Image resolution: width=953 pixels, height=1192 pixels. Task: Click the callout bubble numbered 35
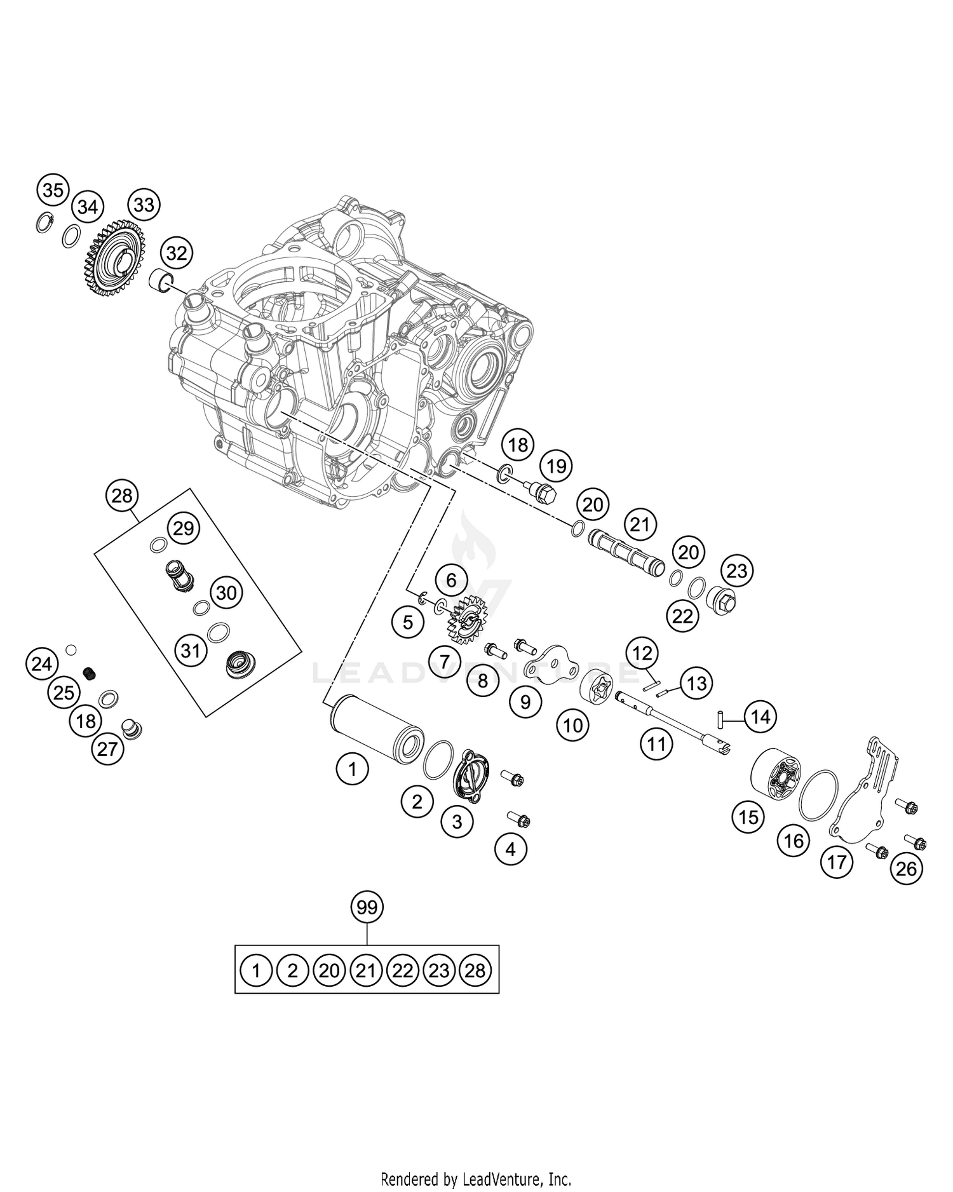tap(53, 190)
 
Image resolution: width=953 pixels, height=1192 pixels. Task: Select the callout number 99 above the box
tap(367, 907)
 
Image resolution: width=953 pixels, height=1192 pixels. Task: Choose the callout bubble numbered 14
tap(760, 717)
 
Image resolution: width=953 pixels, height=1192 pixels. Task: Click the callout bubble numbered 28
tap(122, 496)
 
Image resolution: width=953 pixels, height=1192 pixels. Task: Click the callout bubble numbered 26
tap(906, 868)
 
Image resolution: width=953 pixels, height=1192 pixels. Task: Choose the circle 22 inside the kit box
tap(403, 971)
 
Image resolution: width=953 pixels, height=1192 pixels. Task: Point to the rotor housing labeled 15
tap(776, 776)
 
